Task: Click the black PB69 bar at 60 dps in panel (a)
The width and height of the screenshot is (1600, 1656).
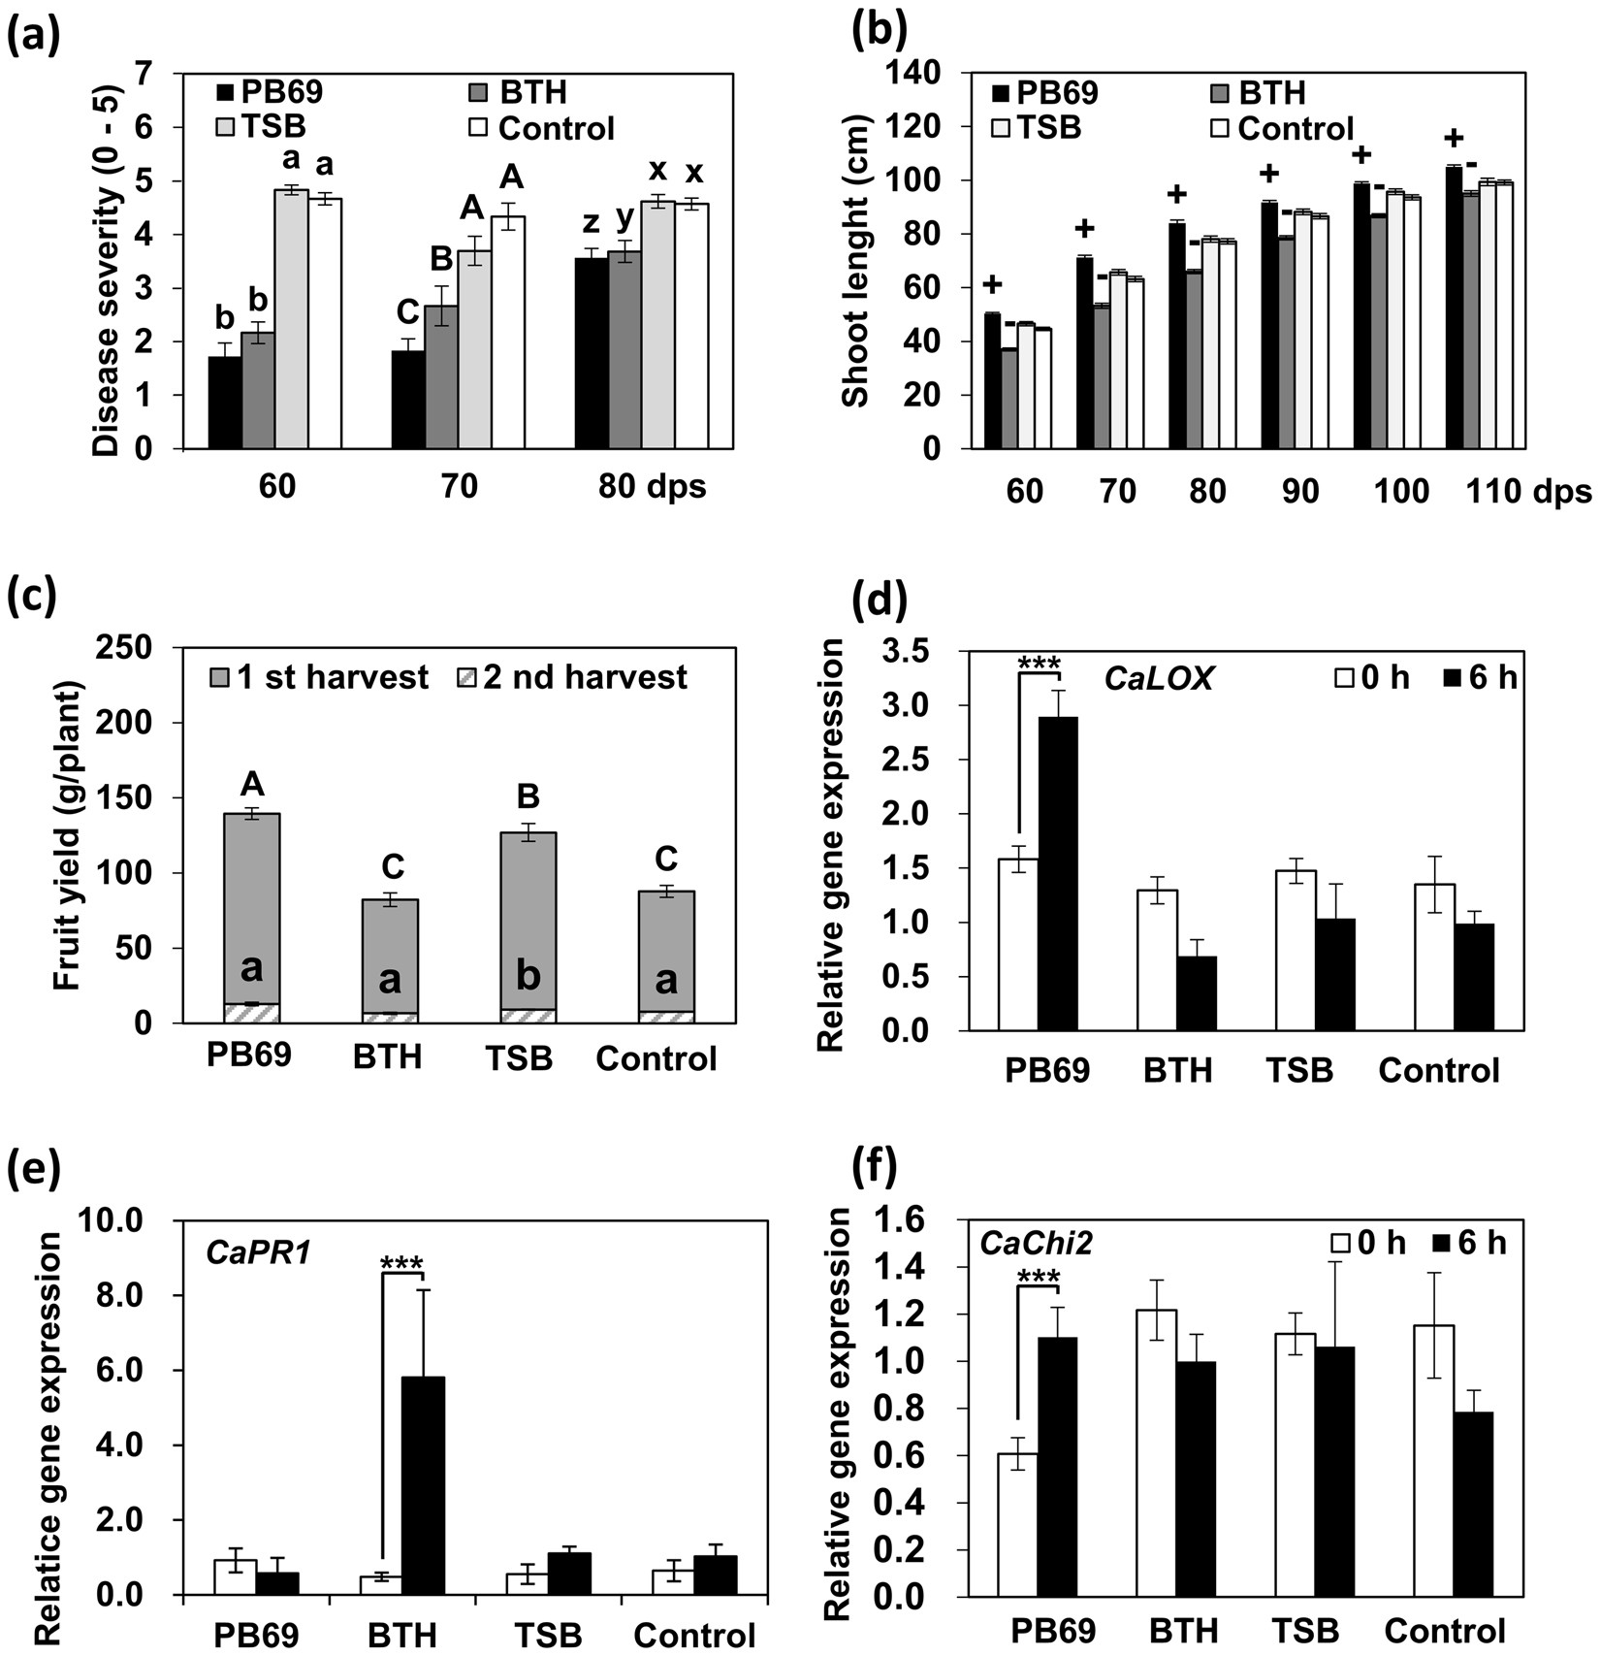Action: point(225,403)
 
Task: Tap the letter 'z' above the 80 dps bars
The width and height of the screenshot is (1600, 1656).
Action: point(591,226)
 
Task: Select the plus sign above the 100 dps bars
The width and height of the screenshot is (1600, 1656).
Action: point(1361,155)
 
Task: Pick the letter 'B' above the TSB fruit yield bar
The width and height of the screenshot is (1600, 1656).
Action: point(528,796)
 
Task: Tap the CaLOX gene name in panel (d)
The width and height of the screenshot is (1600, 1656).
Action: point(1159,677)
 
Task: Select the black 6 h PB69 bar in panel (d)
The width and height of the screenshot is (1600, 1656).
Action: point(1057,873)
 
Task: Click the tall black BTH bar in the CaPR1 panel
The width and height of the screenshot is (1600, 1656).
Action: point(423,1485)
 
